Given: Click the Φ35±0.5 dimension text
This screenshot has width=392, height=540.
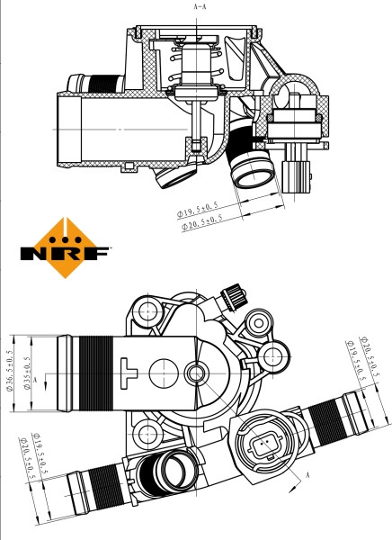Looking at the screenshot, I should [x=28, y=377].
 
